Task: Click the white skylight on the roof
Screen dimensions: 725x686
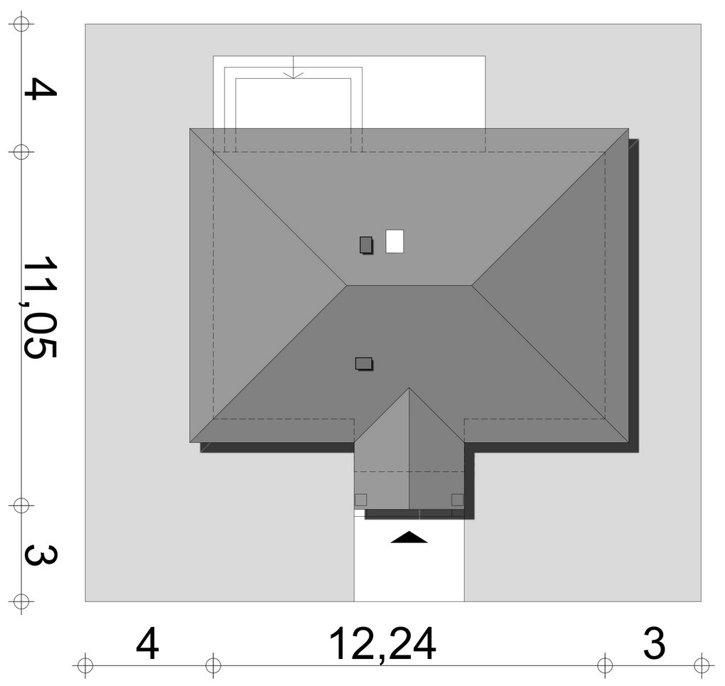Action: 394,242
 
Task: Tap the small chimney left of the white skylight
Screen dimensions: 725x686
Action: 366,245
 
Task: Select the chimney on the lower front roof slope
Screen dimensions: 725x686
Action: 364,363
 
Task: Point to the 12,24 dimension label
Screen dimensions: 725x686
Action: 382,644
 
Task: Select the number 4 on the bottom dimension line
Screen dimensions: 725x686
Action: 148,643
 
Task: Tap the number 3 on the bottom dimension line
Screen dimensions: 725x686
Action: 654,643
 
